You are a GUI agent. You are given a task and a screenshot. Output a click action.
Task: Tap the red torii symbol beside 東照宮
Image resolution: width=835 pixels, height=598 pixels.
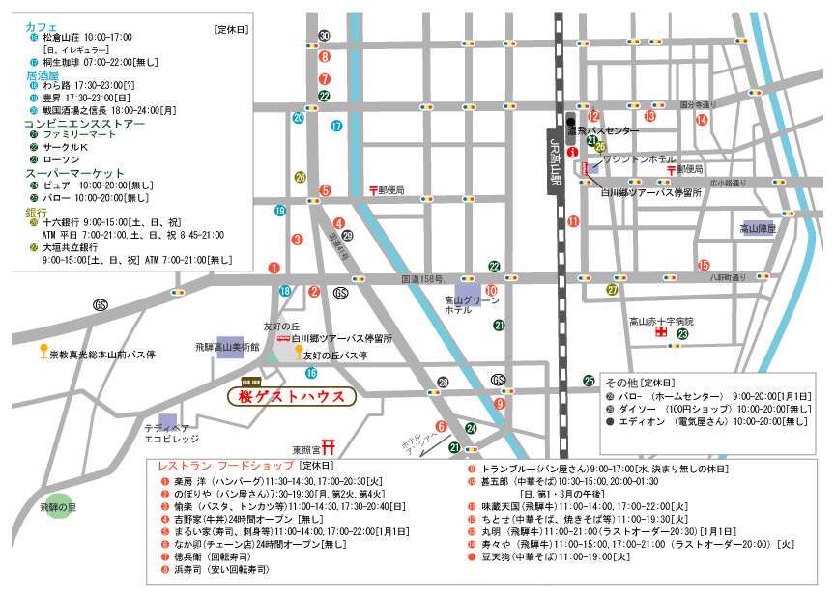point(329,447)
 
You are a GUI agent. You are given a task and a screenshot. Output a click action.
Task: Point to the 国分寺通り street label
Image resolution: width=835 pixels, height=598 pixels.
point(700,104)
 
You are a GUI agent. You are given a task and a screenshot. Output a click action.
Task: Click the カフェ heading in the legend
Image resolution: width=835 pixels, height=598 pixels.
point(41,26)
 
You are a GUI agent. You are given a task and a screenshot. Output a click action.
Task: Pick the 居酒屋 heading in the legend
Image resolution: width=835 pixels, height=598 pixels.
point(42,73)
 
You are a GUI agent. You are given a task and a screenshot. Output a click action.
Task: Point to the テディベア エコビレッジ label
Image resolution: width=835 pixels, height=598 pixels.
point(172,432)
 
